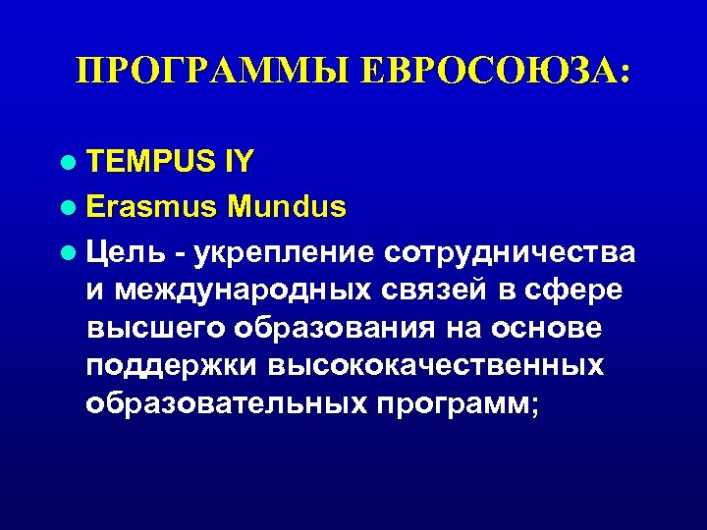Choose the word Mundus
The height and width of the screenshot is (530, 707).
point(286,207)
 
